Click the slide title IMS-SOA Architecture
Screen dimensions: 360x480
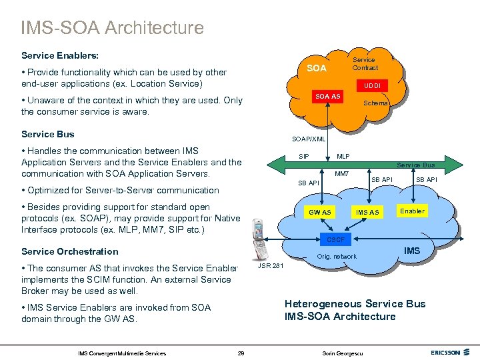click(x=112, y=28)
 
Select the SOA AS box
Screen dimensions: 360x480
click(x=328, y=97)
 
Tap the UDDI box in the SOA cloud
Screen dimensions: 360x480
click(x=372, y=86)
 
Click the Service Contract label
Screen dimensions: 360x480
click(x=365, y=64)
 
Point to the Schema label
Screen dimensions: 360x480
click(x=375, y=103)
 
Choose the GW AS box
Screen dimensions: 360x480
click(x=319, y=212)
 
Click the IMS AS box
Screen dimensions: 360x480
click(x=367, y=212)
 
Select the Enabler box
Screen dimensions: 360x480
click(x=412, y=211)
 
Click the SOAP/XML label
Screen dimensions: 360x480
click(x=308, y=139)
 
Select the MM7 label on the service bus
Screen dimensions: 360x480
click(x=342, y=174)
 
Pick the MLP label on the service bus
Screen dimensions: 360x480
click(x=343, y=156)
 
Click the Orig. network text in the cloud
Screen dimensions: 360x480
click(x=337, y=257)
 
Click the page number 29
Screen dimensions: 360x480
click(x=241, y=353)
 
